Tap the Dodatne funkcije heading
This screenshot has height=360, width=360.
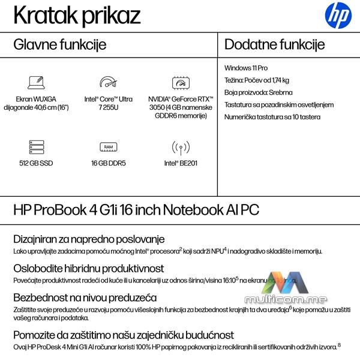tap(275, 44)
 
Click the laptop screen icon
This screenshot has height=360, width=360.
tap(37, 83)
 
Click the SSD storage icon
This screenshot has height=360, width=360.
tap(37, 147)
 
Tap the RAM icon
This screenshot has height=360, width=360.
tap(108, 147)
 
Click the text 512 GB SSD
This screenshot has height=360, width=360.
tap(37, 162)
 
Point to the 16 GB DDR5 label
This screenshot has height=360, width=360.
tap(108, 162)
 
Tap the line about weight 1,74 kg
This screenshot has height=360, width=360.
tap(257, 80)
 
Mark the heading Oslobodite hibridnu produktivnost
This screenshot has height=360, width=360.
tap(88, 268)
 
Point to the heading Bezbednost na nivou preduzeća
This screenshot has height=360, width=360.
tap(85, 297)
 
